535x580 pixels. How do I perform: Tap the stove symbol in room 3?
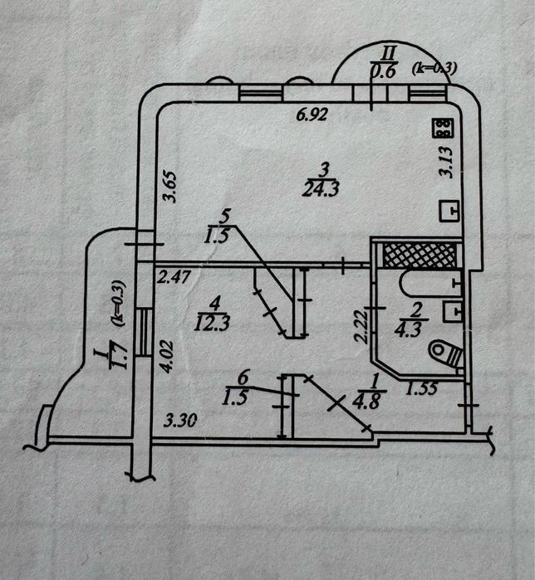(x=442, y=129)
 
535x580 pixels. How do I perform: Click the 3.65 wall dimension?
(x=168, y=186)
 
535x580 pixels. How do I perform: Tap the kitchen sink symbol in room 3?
(x=448, y=212)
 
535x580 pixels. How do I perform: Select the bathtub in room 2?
(x=429, y=283)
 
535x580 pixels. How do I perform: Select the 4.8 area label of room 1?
(x=366, y=406)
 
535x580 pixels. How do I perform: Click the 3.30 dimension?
(x=179, y=421)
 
